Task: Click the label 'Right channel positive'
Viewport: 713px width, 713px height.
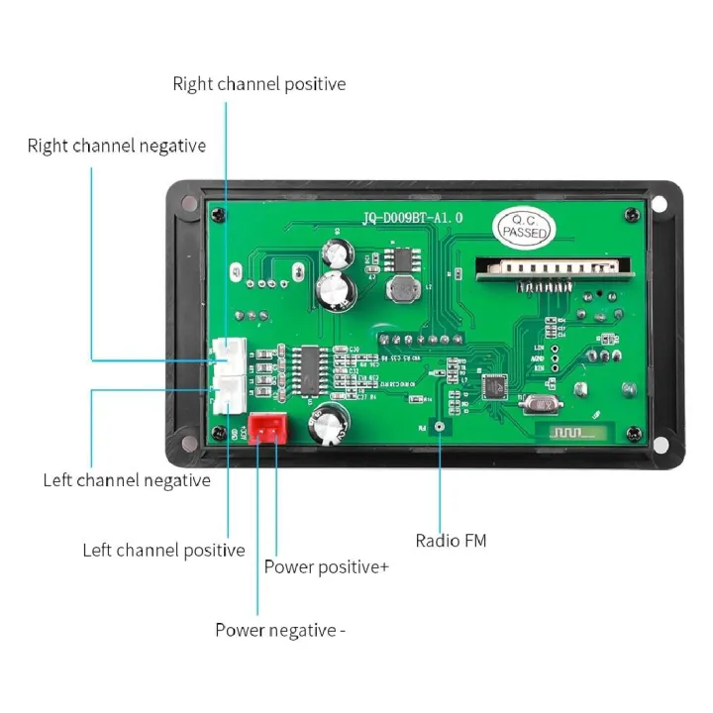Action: pos(259,84)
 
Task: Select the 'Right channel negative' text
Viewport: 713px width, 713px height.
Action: pos(117,147)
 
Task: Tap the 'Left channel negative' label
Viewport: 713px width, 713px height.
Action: pos(127,480)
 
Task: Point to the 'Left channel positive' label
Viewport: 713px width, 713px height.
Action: pos(163,551)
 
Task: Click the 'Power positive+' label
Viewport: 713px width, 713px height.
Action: pos(327,567)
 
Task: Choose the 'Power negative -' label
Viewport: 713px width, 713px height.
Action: pos(280,630)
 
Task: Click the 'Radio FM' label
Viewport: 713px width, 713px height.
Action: pos(451,541)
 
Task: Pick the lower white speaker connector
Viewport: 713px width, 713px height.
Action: pos(229,395)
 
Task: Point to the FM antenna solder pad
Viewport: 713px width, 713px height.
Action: pos(439,427)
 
